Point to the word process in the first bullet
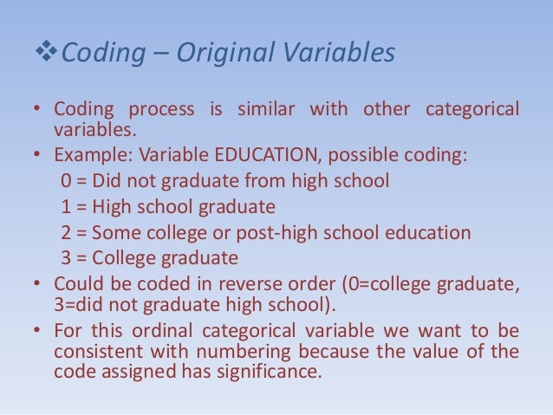click(x=159, y=111)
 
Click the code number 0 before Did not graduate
click(x=67, y=182)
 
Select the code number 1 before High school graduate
click(x=67, y=207)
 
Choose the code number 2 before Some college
click(x=67, y=233)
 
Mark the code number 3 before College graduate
click(x=67, y=258)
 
